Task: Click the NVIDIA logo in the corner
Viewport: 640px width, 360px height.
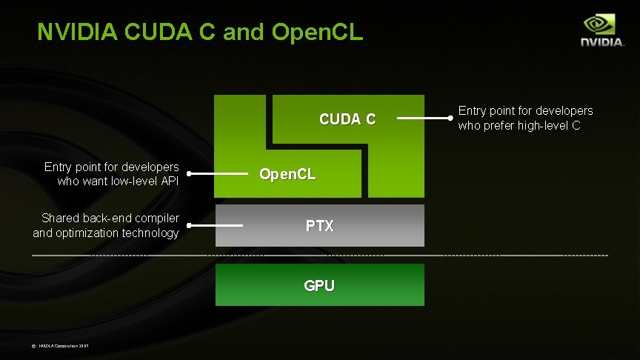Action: point(601,31)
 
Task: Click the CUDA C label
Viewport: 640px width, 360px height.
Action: point(347,119)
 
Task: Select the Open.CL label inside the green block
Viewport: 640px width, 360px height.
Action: point(287,174)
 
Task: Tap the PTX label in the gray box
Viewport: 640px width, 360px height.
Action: point(319,225)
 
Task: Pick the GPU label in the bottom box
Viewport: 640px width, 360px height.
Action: point(319,285)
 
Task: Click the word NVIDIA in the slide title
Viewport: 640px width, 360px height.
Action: point(78,32)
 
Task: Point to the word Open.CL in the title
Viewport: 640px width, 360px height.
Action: point(318,32)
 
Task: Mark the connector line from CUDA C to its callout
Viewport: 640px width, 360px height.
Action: point(424,118)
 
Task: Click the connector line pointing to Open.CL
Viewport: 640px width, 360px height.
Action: point(219,174)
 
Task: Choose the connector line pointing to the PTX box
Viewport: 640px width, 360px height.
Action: point(216,225)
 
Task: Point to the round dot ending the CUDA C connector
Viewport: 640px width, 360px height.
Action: point(451,118)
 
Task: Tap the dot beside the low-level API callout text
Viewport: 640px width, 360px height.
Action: point(189,174)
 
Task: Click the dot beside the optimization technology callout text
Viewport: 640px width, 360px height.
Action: point(189,225)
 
